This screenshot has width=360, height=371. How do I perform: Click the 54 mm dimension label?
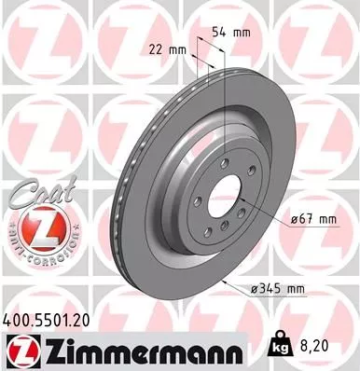pos(231,33)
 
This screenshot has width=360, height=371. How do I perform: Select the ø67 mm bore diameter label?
pos(314,219)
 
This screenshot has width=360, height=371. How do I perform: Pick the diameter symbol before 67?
pos(296,219)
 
